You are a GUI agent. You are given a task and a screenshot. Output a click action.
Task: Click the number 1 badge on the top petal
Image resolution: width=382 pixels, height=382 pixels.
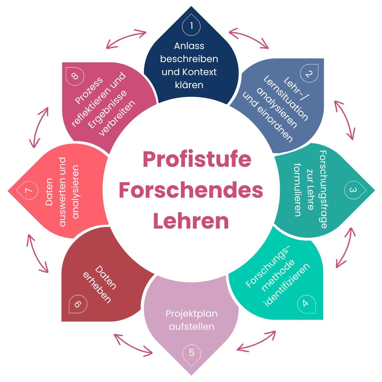click(x=191, y=25)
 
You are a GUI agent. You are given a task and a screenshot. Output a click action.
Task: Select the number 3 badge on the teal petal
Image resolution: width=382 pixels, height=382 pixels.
click(x=353, y=190)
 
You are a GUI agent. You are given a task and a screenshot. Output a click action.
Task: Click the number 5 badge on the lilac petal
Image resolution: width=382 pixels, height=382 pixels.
click(x=191, y=353)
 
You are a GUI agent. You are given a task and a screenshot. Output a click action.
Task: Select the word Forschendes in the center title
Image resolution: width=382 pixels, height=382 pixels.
click(x=191, y=190)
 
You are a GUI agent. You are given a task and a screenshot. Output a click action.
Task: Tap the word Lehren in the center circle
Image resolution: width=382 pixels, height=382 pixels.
click(x=191, y=221)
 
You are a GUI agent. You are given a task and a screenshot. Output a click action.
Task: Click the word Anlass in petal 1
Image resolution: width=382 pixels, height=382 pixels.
click(x=189, y=46)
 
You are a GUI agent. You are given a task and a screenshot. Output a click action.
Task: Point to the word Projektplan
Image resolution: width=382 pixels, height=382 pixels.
click(x=191, y=314)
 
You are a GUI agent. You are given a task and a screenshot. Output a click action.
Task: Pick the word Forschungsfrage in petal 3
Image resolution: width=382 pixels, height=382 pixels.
click(x=323, y=189)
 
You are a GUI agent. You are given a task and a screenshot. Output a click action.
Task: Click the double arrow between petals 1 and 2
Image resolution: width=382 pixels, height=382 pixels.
click(x=249, y=38)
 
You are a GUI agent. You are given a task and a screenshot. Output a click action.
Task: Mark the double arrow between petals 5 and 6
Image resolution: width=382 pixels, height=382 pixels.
click(x=133, y=344)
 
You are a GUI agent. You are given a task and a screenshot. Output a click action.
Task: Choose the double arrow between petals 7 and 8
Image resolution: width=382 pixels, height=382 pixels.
click(x=39, y=127)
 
